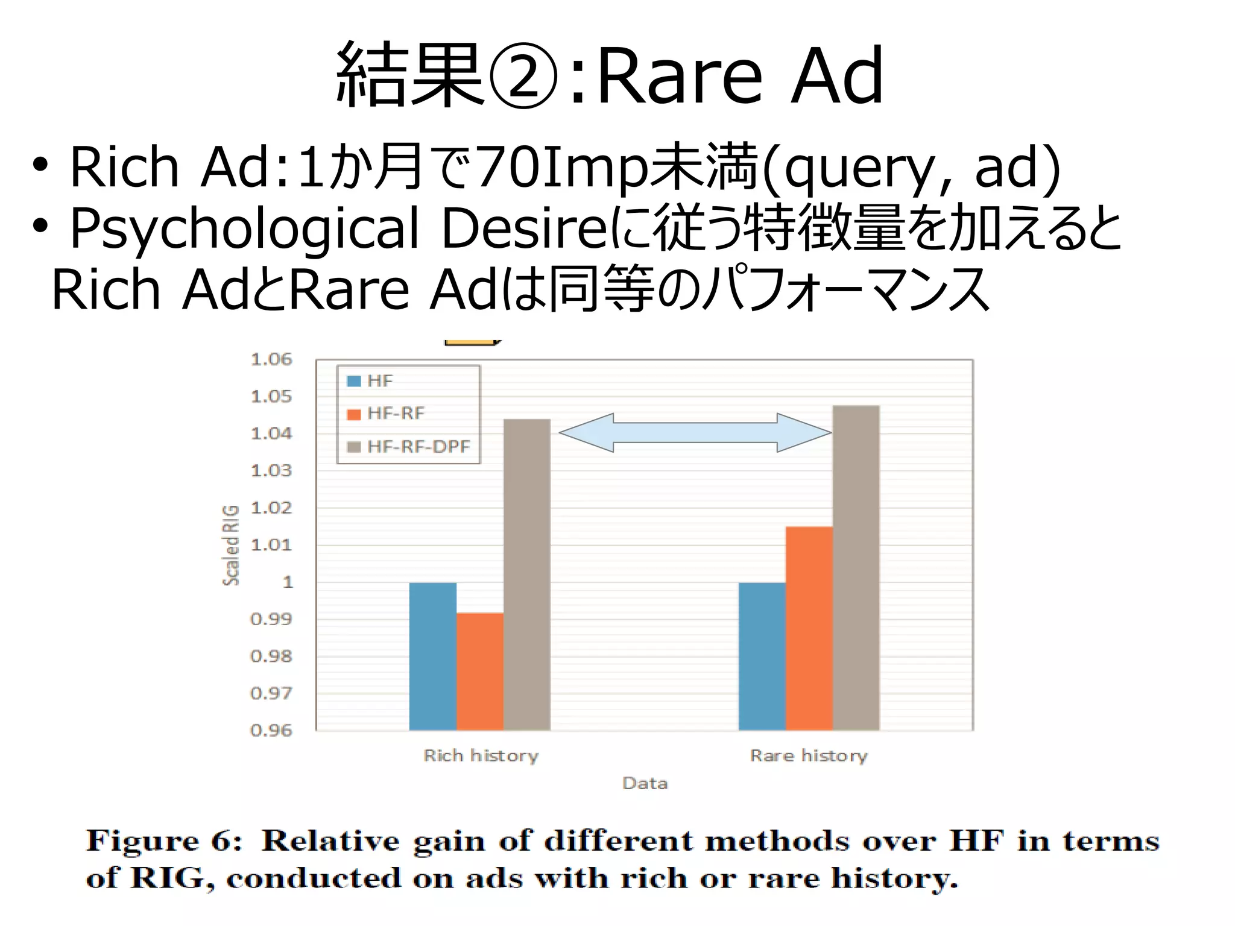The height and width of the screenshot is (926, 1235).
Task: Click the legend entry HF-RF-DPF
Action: click(418, 447)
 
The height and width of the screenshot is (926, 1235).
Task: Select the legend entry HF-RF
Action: click(396, 414)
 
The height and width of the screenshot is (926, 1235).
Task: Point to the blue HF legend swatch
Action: click(354, 381)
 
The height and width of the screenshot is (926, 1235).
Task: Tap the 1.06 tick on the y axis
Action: click(271, 359)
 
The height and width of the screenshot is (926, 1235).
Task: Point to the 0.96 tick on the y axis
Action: click(271, 731)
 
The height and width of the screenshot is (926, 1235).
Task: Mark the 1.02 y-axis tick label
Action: click(271, 508)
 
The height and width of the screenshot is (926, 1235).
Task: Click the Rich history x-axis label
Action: click(481, 755)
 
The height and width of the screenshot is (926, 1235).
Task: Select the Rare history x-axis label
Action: click(809, 755)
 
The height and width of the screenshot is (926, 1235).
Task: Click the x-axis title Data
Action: click(645, 783)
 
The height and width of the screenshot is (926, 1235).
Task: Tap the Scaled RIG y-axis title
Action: click(231, 545)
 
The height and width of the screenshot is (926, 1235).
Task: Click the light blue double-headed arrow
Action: click(695, 432)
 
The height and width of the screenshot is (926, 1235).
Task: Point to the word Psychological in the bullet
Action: click(244, 228)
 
